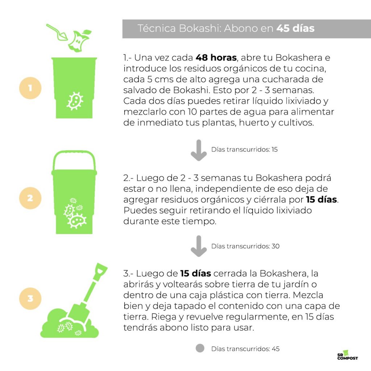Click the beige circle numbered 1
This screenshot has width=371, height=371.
30,88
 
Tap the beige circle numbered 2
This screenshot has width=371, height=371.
30,198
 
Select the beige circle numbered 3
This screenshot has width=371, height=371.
30,299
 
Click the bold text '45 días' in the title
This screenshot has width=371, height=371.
295,28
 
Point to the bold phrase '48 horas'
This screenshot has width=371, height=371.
216,58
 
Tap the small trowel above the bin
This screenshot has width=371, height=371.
57,32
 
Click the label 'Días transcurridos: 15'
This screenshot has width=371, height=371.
245,150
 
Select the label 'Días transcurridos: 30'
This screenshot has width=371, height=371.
245,246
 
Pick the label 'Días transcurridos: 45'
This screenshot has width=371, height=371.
245,349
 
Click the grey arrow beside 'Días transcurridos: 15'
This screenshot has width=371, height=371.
199,150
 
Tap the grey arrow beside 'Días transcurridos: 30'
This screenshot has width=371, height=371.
199,246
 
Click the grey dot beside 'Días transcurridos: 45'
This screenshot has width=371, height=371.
200,348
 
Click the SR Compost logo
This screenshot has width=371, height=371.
347,355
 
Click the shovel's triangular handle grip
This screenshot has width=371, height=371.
101,272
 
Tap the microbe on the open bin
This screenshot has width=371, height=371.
75,101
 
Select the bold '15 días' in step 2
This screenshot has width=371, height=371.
321,200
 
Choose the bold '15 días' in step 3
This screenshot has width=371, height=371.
195,274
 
